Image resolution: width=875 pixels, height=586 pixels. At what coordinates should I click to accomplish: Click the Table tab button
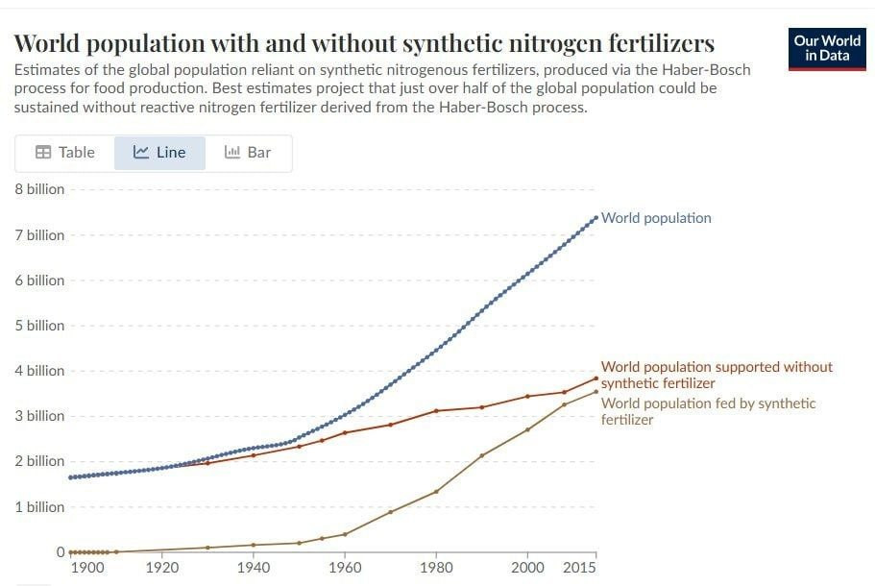coord(64,153)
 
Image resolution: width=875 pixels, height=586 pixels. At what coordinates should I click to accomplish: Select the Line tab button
coord(159,153)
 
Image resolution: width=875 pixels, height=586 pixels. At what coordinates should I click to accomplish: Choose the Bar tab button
coord(248,153)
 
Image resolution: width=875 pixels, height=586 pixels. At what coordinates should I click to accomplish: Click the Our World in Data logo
coord(826,49)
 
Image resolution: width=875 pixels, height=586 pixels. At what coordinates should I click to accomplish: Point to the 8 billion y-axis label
coord(39,189)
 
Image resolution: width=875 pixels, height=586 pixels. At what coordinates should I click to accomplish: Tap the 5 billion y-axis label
coord(39,326)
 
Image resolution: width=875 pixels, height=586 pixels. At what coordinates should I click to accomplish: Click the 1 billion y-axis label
coord(39,507)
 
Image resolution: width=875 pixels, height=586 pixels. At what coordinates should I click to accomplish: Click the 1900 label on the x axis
coord(88,568)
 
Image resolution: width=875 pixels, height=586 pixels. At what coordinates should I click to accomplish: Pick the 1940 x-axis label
coord(254,568)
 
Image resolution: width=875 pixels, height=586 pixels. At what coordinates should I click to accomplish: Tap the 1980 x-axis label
coord(436,568)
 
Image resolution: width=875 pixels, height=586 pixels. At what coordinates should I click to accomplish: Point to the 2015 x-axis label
coord(579,568)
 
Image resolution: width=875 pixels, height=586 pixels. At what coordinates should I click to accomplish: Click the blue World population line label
coord(656,218)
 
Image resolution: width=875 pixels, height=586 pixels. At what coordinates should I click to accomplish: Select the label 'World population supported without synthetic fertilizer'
coord(717,375)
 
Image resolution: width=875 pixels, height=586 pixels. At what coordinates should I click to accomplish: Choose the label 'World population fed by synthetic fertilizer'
coord(708,411)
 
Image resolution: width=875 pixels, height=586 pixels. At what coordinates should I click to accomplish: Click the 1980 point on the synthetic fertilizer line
coord(436,492)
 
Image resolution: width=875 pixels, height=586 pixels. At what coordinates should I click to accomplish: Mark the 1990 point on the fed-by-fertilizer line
coord(482,455)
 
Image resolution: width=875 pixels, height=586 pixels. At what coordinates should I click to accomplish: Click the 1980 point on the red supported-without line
coord(436,411)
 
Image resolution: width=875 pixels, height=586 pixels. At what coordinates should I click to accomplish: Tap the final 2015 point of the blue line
coord(596,217)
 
